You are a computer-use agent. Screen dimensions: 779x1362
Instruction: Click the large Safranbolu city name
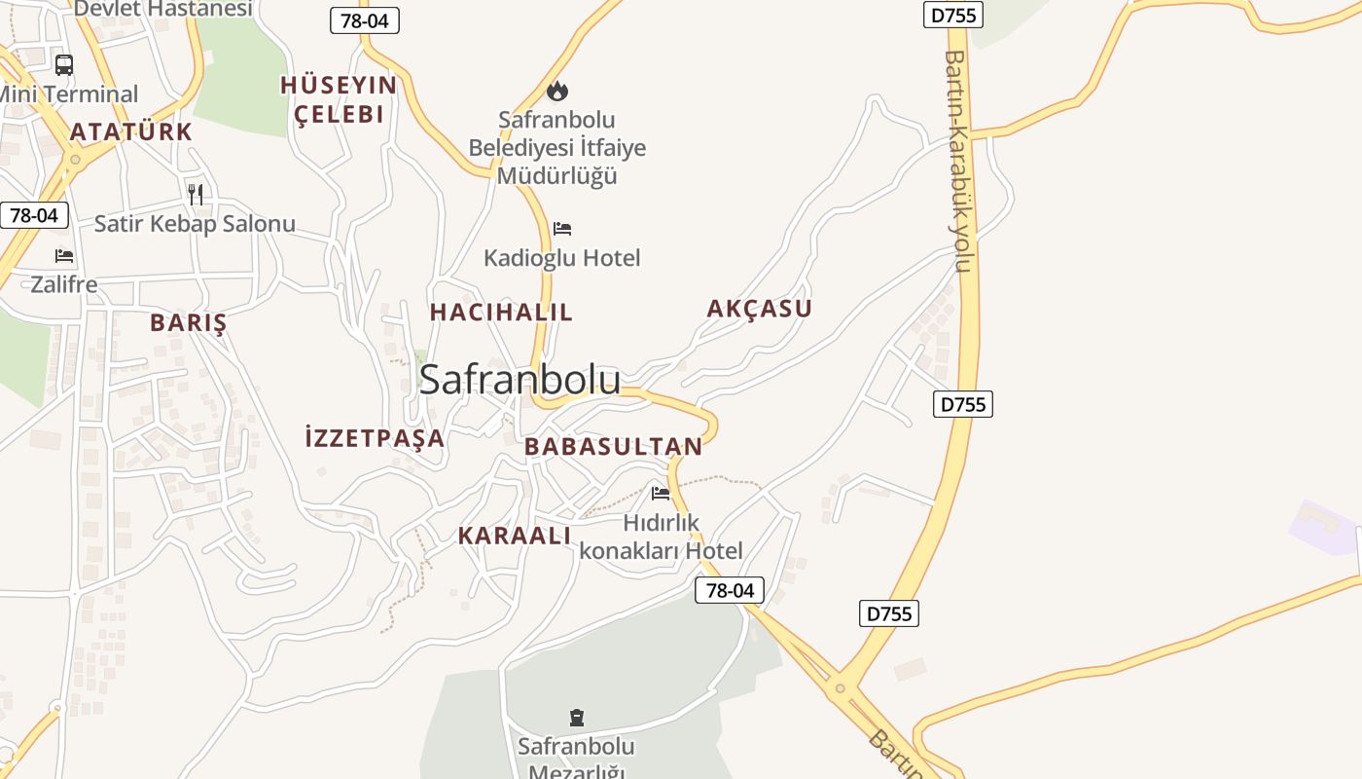click(520, 380)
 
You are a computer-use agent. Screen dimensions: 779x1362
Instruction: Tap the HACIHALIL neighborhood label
click(501, 313)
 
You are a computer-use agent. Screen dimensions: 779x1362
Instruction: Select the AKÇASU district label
click(759, 309)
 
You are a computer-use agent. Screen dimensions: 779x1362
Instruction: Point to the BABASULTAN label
click(613, 447)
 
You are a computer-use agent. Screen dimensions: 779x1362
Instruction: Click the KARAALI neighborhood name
click(514, 536)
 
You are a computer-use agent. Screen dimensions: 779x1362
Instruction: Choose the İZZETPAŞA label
click(375, 438)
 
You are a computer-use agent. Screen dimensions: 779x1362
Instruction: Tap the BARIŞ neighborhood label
click(188, 323)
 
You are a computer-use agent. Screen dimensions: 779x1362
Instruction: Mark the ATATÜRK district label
click(131, 131)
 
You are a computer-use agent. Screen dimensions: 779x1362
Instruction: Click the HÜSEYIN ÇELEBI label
click(339, 99)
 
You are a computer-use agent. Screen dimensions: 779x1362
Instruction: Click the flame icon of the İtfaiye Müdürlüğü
click(556, 91)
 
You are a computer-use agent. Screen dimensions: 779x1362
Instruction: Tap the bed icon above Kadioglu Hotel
click(562, 229)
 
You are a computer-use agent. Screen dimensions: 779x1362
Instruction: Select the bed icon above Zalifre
click(64, 256)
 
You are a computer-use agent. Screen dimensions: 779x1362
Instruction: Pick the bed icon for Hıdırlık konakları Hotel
click(661, 494)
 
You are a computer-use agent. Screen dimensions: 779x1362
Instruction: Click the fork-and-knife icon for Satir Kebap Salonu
click(195, 194)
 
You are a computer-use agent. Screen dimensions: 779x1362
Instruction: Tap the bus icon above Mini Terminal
click(64, 65)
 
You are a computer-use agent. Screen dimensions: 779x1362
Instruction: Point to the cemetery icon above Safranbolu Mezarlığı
click(577, 719)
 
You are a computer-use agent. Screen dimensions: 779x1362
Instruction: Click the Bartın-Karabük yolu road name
click(958, 161)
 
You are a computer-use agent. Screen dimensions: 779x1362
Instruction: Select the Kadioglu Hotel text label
click(562, 258)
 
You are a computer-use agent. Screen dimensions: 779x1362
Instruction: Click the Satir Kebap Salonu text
click(195, 224)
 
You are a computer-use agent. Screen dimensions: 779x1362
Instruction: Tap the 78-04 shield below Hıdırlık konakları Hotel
click(730, 590)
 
